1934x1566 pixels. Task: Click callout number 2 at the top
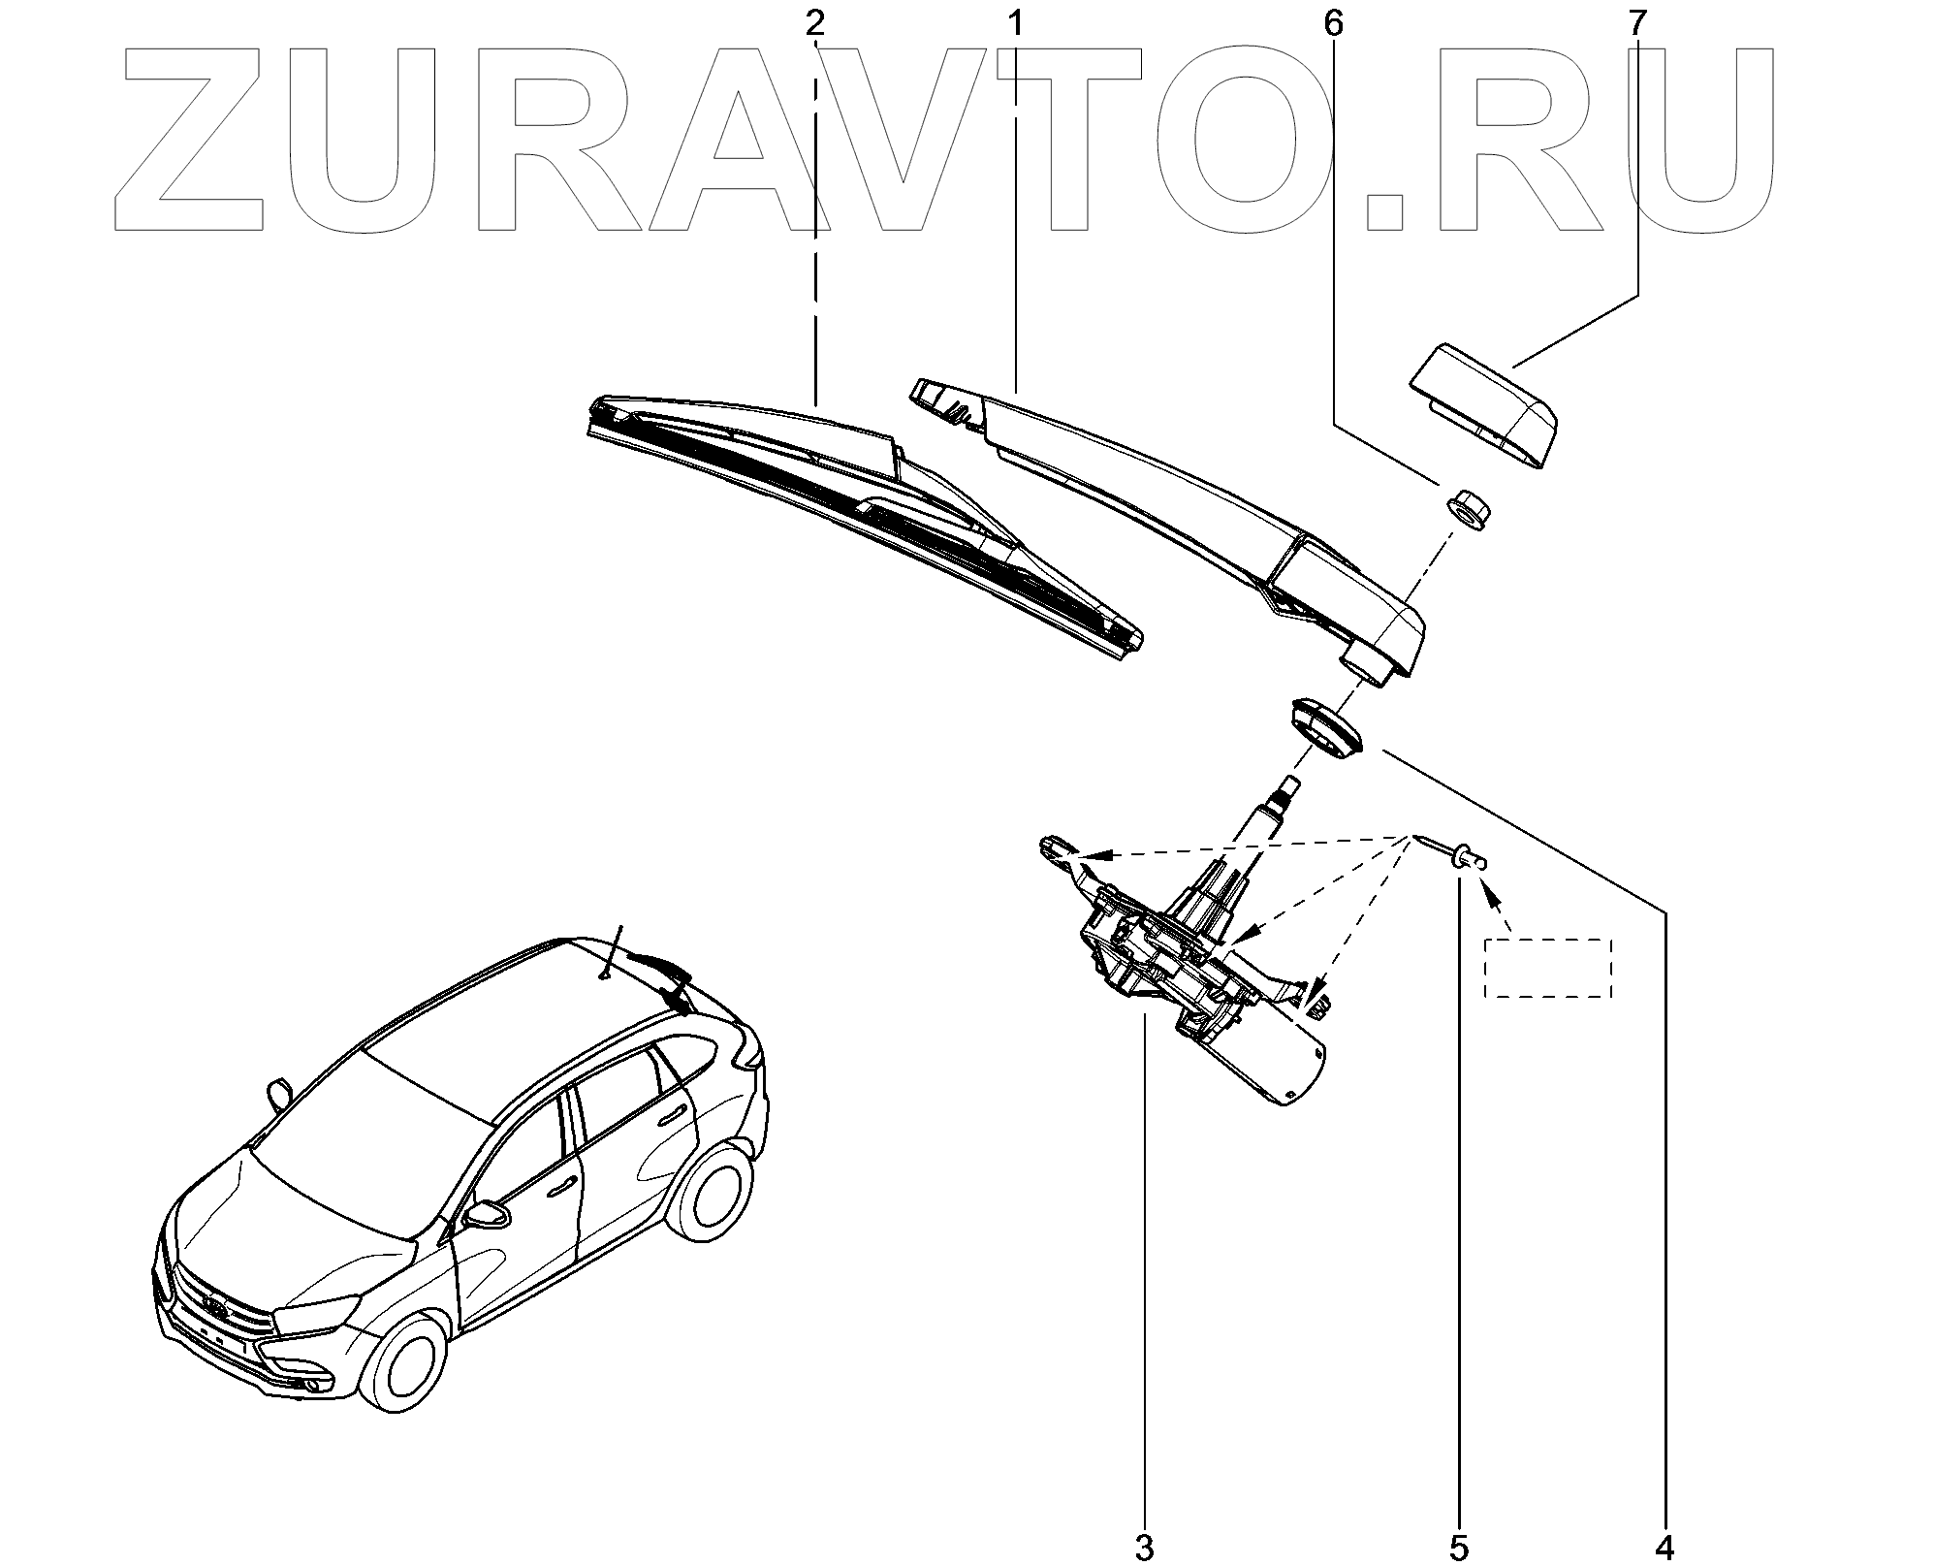pos(814,22)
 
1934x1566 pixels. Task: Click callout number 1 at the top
pos(1015,22)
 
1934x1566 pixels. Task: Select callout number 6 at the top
pos(1333,22)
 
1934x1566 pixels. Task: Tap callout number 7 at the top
pos(1637,22)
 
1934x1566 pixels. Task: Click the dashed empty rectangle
pos(1547,968)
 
